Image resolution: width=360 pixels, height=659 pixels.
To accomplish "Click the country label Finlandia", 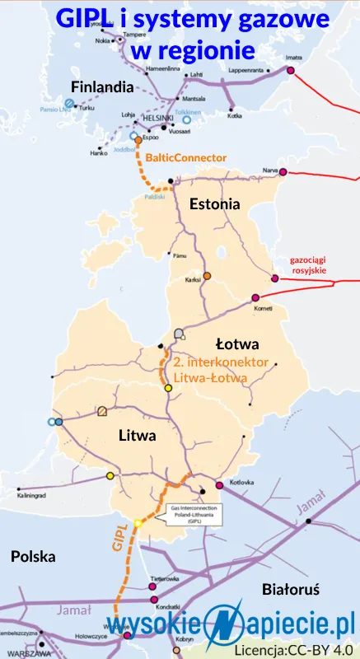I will (x=102, y=86).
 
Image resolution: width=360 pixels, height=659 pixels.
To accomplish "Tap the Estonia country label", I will (x=214, y=203).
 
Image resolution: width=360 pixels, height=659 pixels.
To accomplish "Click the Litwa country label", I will (x=137, y=435).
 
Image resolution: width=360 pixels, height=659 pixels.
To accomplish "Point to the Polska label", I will (x=33, y=556).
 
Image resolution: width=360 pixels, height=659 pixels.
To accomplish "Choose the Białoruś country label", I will (x=290, y=590).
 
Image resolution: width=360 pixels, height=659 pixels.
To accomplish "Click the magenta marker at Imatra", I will (x=290, y=70).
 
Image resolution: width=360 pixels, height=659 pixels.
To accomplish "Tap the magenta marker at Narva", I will (x=283, y=171).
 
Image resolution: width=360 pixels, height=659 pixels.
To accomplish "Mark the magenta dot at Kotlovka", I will (x=219, y=484).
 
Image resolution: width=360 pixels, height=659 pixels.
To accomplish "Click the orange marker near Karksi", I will (x=208, y=275).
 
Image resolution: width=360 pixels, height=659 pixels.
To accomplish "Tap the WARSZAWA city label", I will (x=18, y=654).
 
